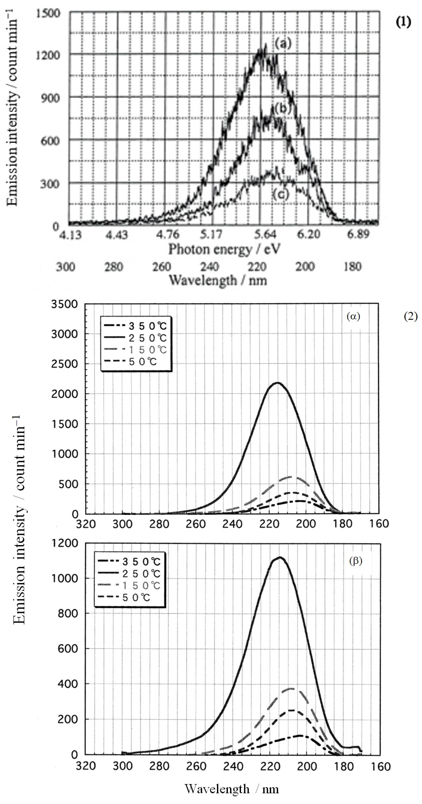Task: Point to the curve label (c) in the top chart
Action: coord(280,194)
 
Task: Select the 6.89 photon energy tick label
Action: coord(358,234)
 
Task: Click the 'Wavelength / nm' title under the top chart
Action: coord(218,280)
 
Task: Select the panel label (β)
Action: coord(355,561)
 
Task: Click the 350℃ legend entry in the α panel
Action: coord(147,326)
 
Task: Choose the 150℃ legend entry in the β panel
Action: coord(141,586)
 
